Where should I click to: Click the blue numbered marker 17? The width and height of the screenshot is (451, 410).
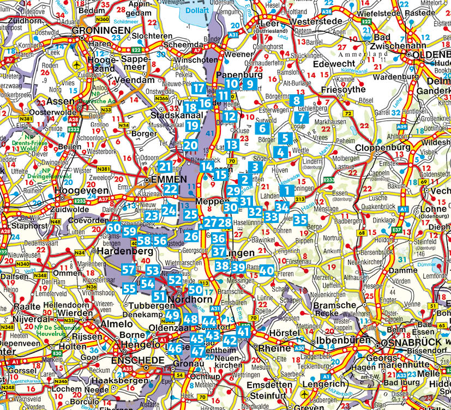tap(199, 89)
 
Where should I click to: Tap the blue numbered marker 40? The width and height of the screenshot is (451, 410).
tap(266, 270)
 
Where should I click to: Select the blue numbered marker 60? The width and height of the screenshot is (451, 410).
tap(113, 228)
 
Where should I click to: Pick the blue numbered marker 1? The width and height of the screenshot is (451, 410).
tap(286, 191)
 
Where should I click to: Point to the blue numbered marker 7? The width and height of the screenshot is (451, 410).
tap(300, 117)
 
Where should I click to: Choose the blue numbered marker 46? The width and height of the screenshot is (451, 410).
tap(175, 348)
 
